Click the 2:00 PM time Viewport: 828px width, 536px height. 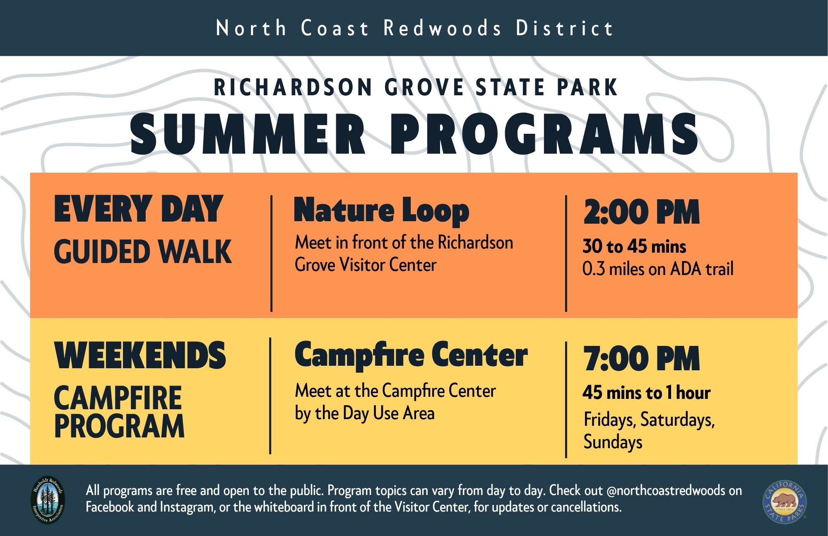coord(641,212)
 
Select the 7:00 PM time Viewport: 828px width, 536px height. coord(641,359)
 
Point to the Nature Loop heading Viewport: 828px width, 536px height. coord(381,211)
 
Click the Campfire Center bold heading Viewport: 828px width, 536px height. coord(411,355)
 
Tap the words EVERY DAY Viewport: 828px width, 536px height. coord(138,209)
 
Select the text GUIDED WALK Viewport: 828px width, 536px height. coord(142,251)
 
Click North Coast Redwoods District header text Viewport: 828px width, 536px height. coord(414,28)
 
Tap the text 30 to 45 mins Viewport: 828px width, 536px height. coord(634,247)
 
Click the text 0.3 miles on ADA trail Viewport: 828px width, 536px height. coord(657,269)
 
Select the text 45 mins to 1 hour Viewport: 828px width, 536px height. coord(646,393)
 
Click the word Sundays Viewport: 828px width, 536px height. coord(613,442)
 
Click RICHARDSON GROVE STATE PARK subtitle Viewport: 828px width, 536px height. coord(416,87)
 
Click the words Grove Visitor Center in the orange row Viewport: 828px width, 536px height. coord(365,265)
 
